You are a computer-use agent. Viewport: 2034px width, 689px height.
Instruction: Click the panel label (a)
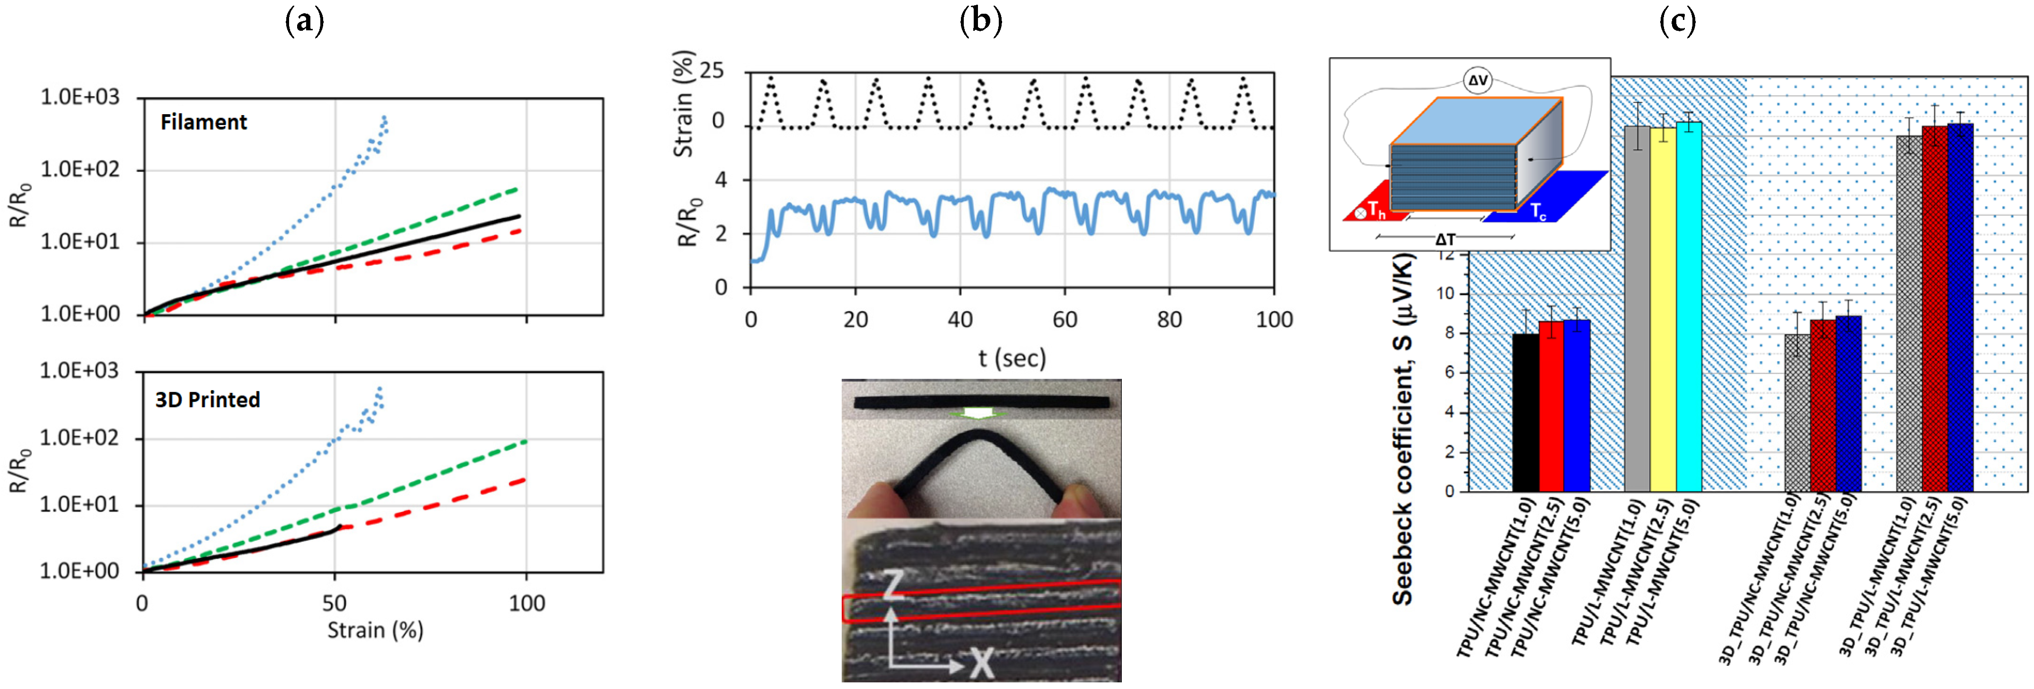[304, 21]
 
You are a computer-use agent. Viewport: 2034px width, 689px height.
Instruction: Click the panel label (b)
[981, 21]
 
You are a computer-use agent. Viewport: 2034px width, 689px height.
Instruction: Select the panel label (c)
[1677, 21]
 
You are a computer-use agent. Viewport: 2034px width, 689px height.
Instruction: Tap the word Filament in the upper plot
[204, 123]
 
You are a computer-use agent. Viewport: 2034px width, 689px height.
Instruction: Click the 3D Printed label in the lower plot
[208, 400]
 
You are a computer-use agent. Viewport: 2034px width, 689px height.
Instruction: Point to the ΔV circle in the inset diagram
[1477, 81]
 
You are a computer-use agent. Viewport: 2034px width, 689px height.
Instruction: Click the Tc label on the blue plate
[1538, 211]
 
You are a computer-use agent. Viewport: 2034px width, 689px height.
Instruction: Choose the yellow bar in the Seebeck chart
[1663, 308]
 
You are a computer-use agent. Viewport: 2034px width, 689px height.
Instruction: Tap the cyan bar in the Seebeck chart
[1689, 306]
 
